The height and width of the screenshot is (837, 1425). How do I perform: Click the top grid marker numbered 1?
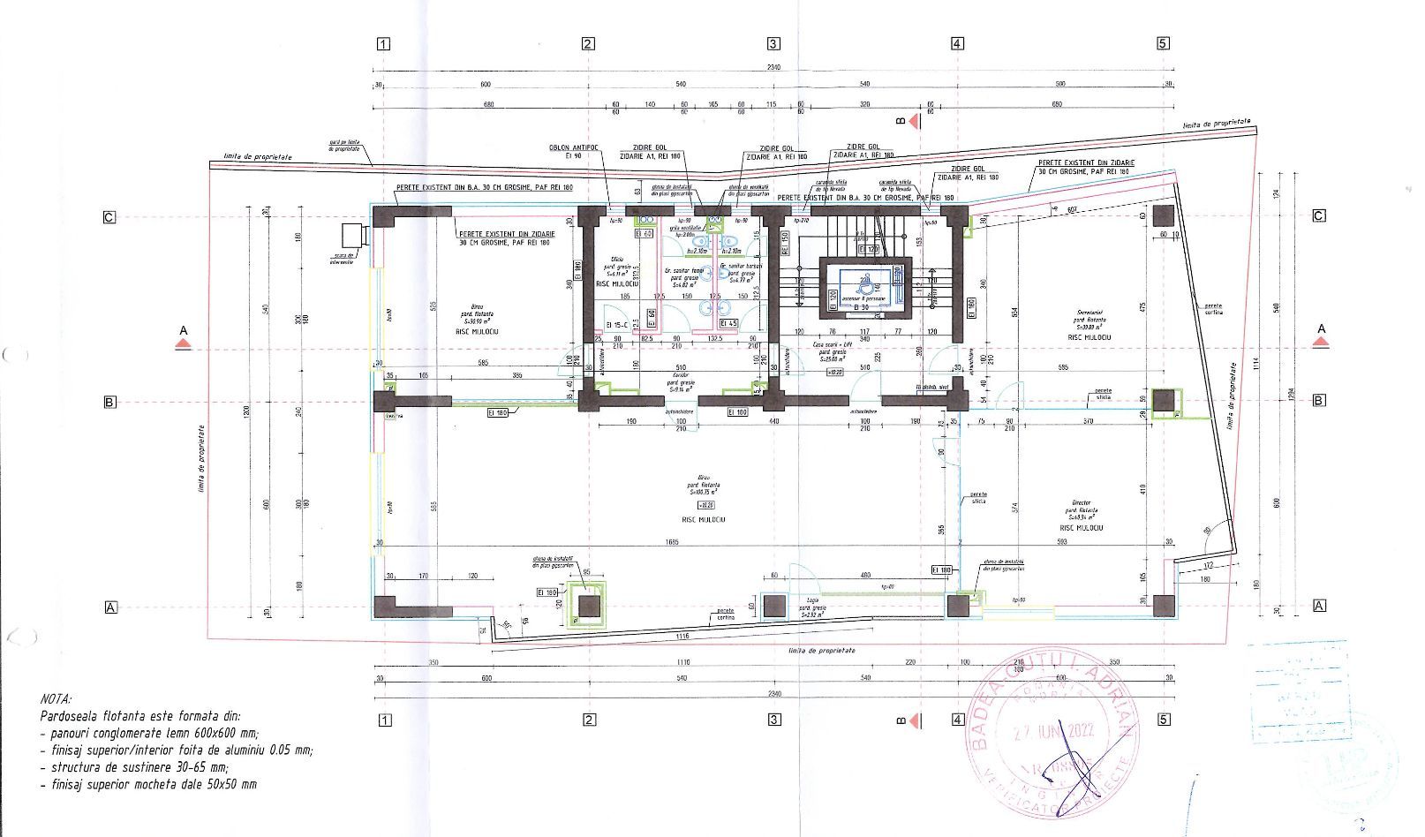pos(383,44)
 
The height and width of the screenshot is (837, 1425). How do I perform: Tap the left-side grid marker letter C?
pos(109,216)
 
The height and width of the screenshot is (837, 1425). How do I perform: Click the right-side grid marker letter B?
pos(1318,401)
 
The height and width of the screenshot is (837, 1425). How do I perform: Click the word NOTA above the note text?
pos(57,697)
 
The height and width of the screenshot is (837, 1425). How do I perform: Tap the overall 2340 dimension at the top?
pos(773,68)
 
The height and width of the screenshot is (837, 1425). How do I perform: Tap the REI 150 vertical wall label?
pos(785,242)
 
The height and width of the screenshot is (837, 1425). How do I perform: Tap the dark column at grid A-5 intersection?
pos(1165,606)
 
